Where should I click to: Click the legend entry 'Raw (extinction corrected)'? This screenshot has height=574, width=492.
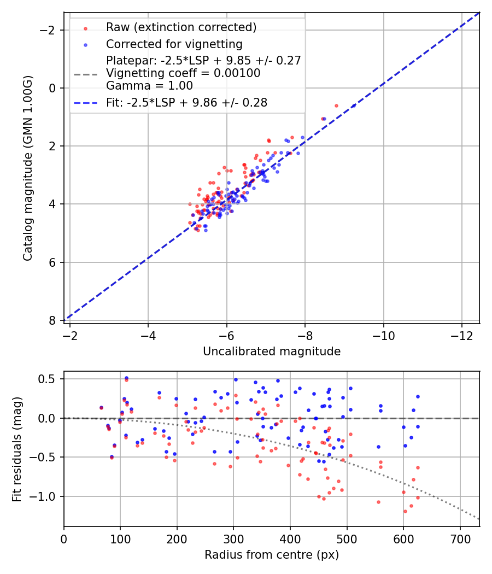[181, 27]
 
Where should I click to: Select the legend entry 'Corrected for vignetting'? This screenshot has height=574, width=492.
[174, 44]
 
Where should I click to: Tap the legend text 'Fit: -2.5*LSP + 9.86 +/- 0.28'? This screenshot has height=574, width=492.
[186, 102]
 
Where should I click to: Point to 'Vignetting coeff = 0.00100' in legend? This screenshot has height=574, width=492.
[183, 73]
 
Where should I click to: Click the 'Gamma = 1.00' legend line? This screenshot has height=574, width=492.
[149, 86]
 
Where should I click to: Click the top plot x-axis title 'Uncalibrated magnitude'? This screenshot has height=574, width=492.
[272, 352]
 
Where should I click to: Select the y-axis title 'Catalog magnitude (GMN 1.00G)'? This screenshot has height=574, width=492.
[28, 168]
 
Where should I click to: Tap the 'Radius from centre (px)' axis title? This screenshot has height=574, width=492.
[272, 555]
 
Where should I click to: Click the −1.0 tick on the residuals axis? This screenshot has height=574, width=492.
[48, 496]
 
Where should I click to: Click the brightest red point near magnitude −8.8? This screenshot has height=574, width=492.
[336, 106]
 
